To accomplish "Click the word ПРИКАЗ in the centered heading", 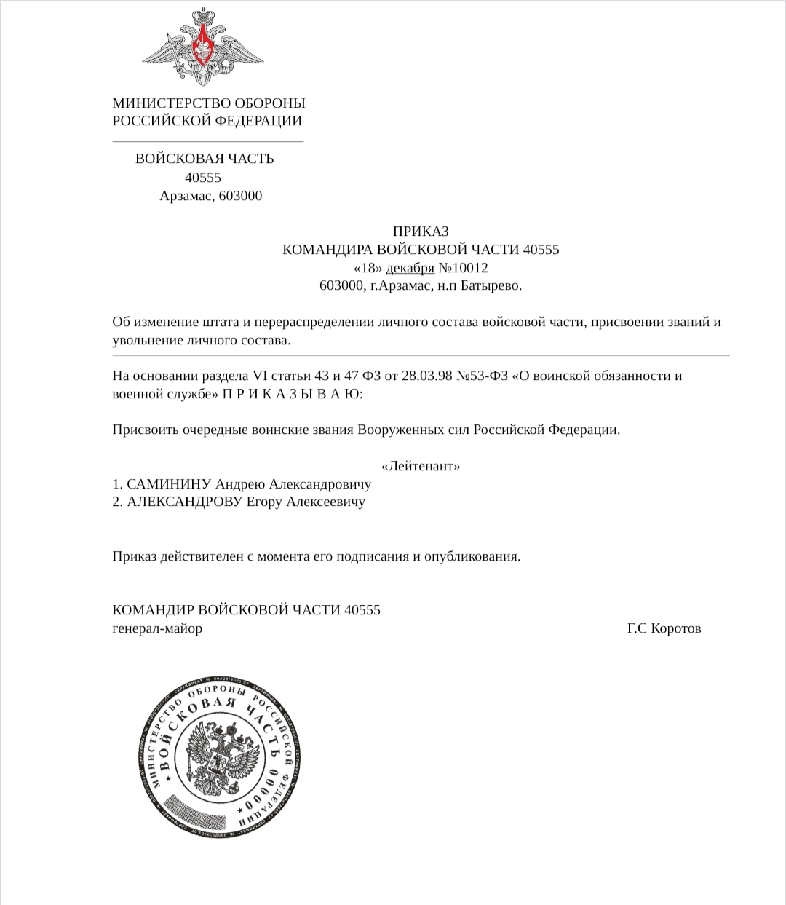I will [421, 232].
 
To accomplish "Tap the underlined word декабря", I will [410, 268].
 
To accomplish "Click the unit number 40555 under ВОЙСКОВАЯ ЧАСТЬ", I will [203, 178].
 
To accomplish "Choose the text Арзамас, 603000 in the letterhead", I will [211, 196].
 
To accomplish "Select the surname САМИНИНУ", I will [169, 484].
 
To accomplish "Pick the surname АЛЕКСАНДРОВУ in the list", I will [184, 502].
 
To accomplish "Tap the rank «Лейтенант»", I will [421, 466].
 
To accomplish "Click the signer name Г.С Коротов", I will [664, 628].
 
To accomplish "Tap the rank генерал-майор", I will [157, 628].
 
